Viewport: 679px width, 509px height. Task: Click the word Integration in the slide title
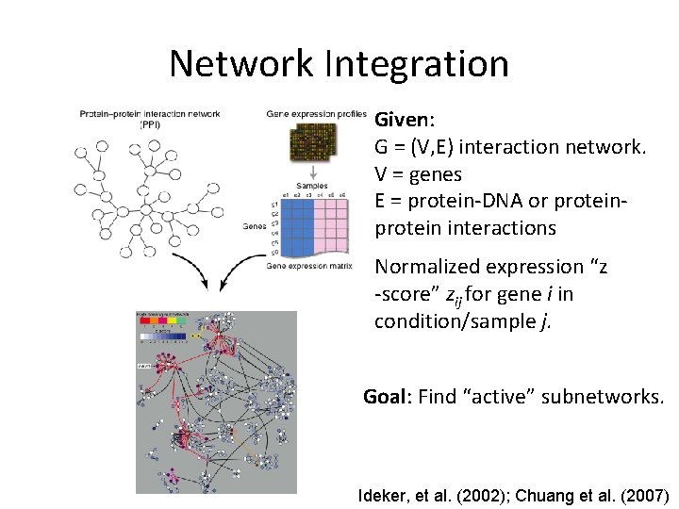[x=417, y=64]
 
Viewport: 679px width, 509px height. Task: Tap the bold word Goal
[x=385, y=397]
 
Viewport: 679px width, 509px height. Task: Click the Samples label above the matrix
[x=313, y=187]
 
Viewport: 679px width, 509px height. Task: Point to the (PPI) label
[x=151, y=124]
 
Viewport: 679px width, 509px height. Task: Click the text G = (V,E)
[x=416, y=148]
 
